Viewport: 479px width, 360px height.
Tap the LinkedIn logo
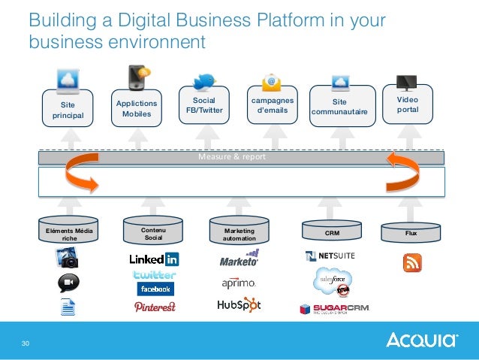click(x=154, y=259)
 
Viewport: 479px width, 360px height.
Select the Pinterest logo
click(x=154, y=306)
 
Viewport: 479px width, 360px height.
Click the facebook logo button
click(x=155, y=289)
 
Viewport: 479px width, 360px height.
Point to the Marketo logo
click(x=239, y=260)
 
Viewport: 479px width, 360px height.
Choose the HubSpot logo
click(x=239, y=305)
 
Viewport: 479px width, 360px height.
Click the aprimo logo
click(x=239, y=283)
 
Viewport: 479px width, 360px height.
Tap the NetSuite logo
click(x=330, y=256)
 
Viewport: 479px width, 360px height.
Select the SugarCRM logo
click(x=334, y=308)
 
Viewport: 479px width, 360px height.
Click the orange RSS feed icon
click(x=412, y=262)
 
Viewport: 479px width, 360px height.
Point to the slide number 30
click(x=26, y=343)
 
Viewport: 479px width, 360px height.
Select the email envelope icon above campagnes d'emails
click(x=271, y=82)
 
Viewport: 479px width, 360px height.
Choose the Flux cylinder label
click(x=411, y=233)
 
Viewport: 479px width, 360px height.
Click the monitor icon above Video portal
click(x=407, y=82)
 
